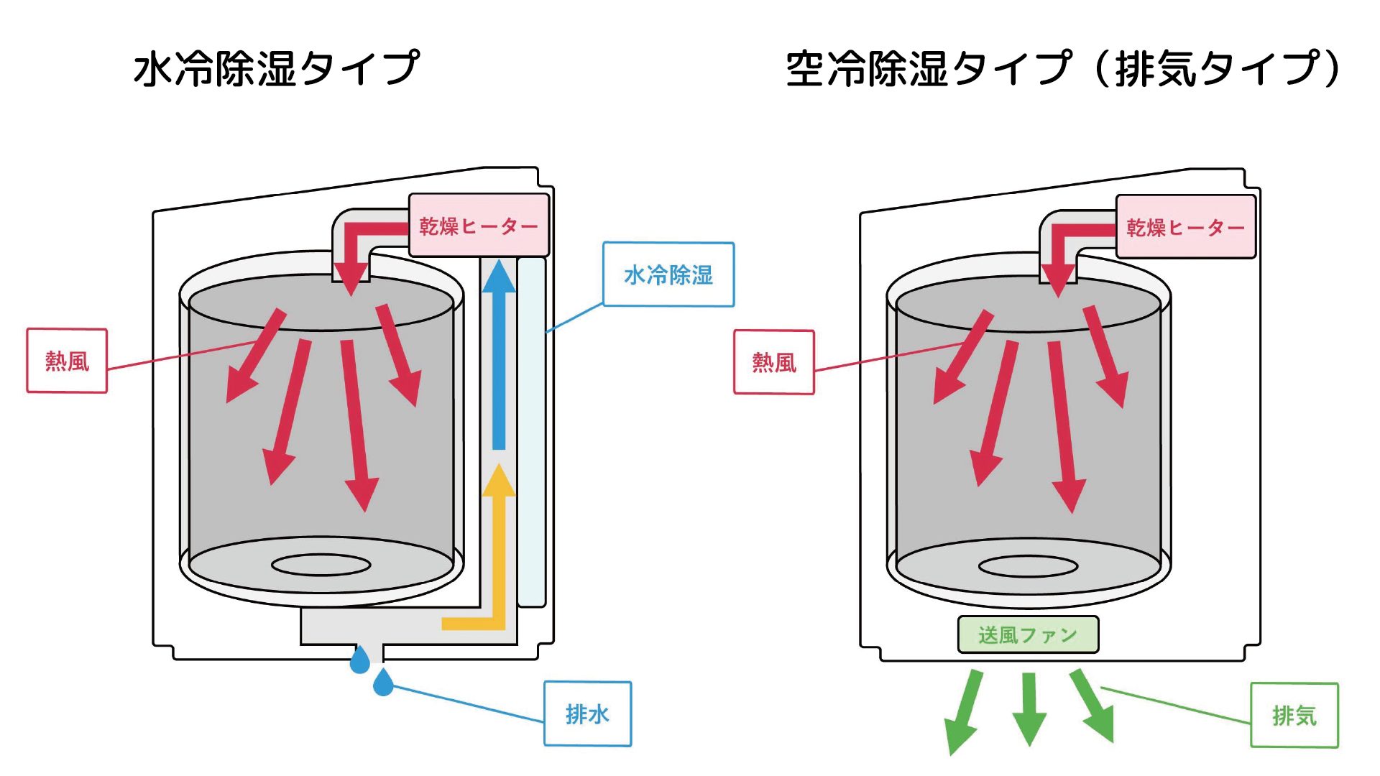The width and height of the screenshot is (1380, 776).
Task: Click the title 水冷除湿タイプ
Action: click(x=276, y=69)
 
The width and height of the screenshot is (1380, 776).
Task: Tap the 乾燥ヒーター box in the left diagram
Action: click(x=479, y=226)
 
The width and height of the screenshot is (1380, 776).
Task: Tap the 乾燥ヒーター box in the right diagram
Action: click(x=1185, y=227)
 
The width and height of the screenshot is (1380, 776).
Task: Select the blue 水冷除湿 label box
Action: click(x=668, y=274)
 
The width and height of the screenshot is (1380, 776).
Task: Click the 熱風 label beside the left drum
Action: click(x=67, y=361)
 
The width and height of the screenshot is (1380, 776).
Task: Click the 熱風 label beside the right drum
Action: click(x=774, y=362)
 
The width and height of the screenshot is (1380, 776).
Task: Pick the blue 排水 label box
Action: click(x=587, y=713)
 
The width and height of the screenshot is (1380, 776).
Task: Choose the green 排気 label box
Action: click(x=1294, y=715)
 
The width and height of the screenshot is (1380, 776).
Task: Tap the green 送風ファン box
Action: click(x=1028, y=634)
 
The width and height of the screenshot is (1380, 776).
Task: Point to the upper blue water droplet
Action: click(x=359, y=660)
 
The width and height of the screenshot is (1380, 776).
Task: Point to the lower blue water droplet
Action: click(x=383, y=683)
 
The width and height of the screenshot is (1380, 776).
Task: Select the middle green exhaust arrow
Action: click(x=1029, y=708)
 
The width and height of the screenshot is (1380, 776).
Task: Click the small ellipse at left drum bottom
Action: click(x=321, y=565)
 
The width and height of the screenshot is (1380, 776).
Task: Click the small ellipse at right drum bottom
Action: click(x=1028, y=566)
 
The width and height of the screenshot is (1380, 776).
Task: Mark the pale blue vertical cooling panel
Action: click(x=532, y=431)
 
